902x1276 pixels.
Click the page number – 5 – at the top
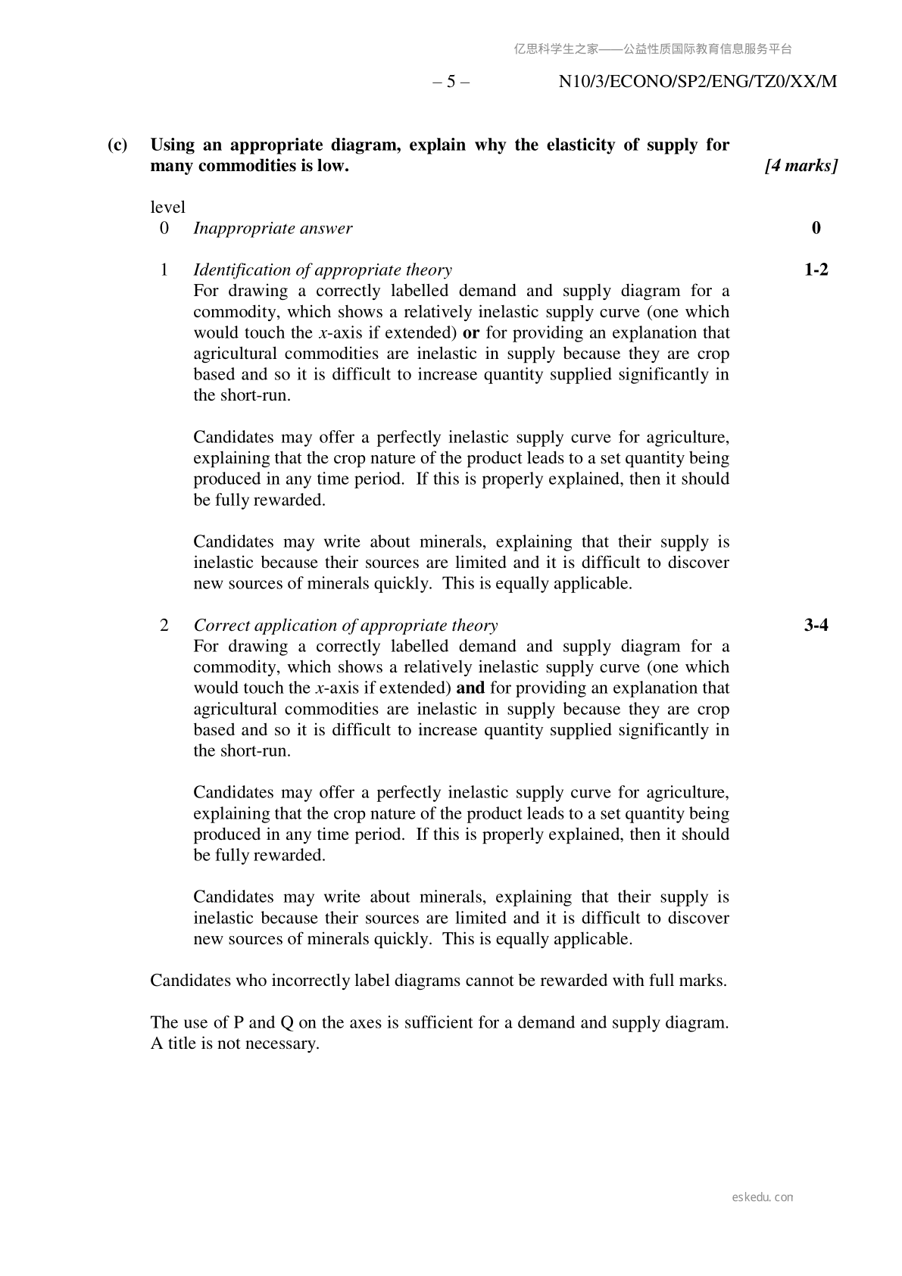tap(451, 82)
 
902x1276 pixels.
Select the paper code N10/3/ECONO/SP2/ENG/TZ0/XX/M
tap(698, 82)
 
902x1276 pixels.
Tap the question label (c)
tap(117, 145)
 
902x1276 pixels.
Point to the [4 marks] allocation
tap(801, 166)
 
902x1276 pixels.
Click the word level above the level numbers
tap(167, 207)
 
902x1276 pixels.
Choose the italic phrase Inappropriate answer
tap(273, 229)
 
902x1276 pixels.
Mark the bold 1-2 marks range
tap(816, 270)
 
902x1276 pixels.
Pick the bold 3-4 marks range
tap(816, 626)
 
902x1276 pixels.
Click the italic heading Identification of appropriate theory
tap(323, 270)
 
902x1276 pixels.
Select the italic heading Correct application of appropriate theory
tap(345, 626)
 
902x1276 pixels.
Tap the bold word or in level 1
tap(470, 333)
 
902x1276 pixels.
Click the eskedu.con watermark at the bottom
tap(763, 1197)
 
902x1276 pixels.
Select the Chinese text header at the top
tap(653, 49)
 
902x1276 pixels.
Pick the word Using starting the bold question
tap(173, 145)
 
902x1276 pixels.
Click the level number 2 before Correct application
tap(164, 626)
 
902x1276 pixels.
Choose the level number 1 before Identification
tap(164, 270)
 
